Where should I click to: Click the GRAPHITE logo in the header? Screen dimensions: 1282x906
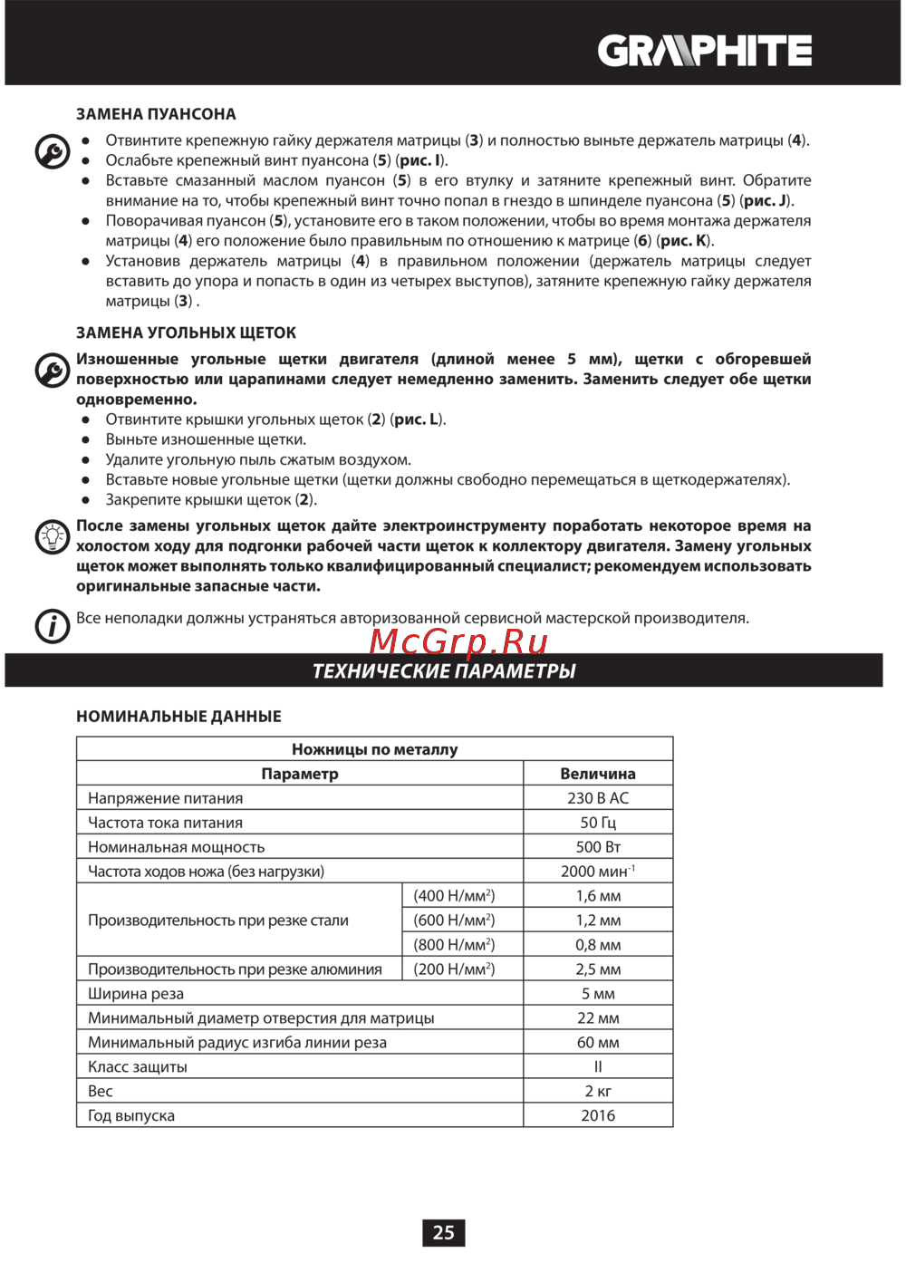704,51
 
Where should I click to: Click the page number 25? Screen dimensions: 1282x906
443,1232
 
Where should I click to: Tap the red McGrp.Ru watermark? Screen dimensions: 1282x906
458,641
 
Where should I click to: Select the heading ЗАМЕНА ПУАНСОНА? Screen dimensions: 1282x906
156,114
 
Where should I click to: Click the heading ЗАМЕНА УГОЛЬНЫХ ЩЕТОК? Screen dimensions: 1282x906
186,333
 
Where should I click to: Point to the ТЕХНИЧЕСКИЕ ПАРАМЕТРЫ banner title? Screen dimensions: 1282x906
444,671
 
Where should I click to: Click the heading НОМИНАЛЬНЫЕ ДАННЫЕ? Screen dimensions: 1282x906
178,717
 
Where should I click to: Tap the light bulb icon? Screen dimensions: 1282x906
53,537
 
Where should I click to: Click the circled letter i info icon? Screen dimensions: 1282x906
53,625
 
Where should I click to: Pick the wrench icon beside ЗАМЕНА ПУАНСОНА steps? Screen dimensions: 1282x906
53,151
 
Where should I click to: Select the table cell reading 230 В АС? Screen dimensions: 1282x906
598,798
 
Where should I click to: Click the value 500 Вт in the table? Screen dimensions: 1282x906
598,847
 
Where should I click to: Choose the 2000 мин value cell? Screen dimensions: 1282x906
598,872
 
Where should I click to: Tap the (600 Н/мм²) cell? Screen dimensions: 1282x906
454,921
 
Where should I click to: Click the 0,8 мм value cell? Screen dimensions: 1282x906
598,945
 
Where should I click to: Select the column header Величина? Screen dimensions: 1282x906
598,774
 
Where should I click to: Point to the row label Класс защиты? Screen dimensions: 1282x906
138,1067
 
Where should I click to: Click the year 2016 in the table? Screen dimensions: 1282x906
598,1116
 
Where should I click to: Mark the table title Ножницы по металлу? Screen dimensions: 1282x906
374,749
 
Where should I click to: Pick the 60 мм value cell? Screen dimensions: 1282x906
598,1043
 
